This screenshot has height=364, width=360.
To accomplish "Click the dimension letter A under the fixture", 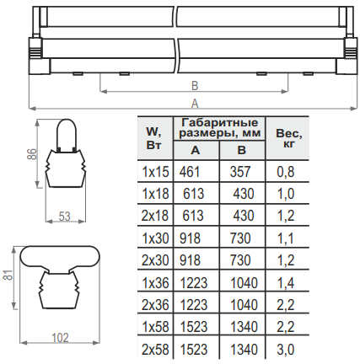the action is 195,104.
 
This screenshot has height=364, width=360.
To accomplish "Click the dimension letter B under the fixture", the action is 195,86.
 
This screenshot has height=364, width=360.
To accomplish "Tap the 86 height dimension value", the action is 32,153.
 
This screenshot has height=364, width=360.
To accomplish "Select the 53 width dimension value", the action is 64,217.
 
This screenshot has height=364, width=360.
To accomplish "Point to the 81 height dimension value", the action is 8,275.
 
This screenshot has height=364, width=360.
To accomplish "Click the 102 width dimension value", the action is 61,337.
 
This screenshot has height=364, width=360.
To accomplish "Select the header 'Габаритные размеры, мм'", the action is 220,128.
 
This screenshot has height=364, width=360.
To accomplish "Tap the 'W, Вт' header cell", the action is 154,138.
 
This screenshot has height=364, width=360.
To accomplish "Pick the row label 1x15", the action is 156,172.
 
